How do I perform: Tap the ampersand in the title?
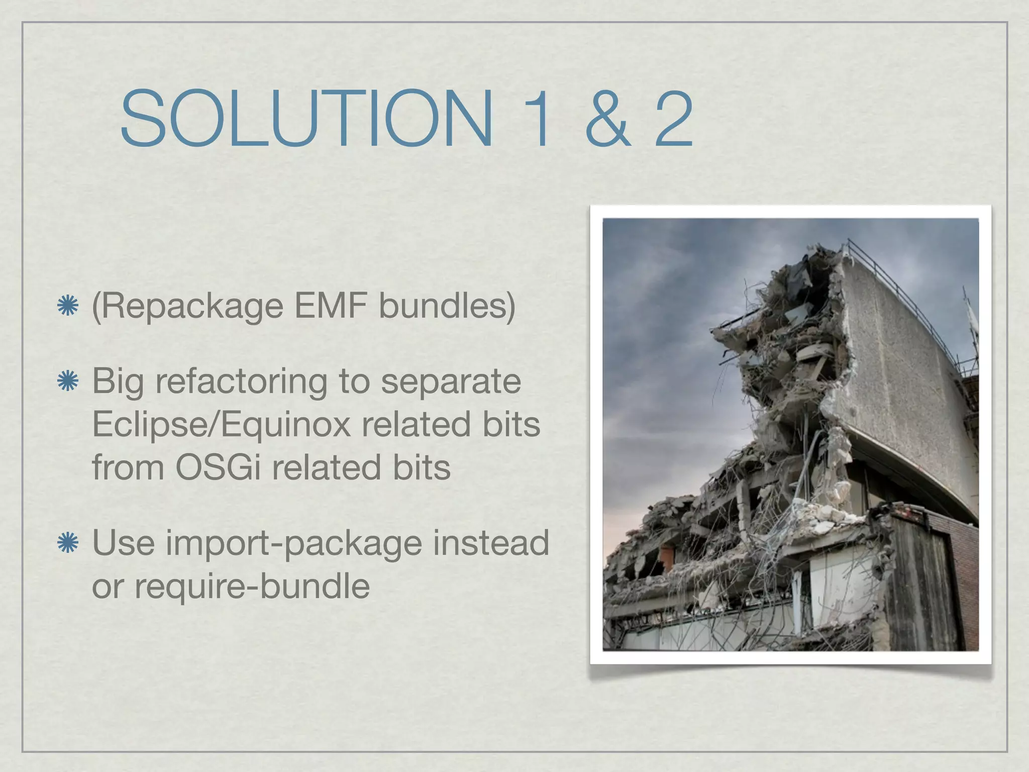coord(607,119)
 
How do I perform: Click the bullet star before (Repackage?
coord(67,306)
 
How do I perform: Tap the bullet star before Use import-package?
coord(67,543)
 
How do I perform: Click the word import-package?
coord(294,543)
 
